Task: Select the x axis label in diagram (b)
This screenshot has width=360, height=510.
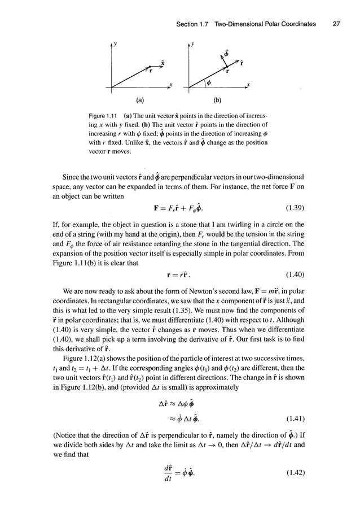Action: click(x=248, y=86)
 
